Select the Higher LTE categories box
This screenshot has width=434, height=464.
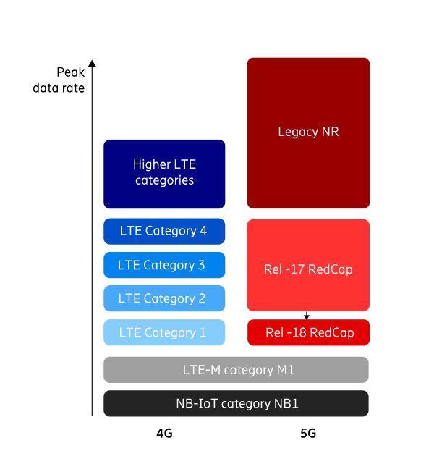(x=164, y=174)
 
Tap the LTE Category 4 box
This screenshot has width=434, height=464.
(x=164, y=232)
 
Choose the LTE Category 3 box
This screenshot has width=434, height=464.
(x=164, y=265)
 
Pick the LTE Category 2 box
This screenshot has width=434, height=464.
(x=164, y=298)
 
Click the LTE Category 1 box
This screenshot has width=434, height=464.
(x=164, y=332)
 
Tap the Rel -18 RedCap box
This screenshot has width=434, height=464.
(x=308, y=333)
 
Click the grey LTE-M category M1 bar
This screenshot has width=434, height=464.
(x=236, y=370)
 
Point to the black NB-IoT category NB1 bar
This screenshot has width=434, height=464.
(x=236, y=403)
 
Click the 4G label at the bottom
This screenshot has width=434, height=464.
(x=164, y=434)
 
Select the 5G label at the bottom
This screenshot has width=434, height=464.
(x=308, y=434)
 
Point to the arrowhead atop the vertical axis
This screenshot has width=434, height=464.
(x=93, y=64)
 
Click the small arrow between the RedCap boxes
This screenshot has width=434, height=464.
(x=307, y=316)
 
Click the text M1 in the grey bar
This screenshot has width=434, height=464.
(x=284, y=371)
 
